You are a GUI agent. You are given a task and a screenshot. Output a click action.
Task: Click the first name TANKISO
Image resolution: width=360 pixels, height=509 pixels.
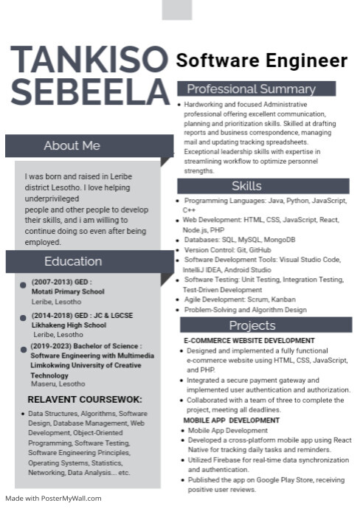point(89,59)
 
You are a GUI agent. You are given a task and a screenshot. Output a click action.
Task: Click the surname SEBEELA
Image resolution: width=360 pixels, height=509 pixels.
point(89,91)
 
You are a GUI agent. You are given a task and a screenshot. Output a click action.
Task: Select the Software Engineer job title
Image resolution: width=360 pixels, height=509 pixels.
point(261,60)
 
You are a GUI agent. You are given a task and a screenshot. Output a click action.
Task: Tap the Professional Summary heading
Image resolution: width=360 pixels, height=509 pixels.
point(256,89)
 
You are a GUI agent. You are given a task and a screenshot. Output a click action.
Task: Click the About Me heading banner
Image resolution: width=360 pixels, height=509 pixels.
point(72,145)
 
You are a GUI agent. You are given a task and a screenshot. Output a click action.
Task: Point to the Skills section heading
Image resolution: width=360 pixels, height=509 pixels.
point(246,186)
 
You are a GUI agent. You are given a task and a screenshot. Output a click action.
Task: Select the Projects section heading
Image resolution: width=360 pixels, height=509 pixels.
point(252,325)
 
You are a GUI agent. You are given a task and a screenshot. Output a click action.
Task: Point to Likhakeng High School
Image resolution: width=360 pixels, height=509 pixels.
point(69,325)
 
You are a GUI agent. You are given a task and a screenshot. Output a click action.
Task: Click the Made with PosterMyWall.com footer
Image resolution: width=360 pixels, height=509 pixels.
point(53,499)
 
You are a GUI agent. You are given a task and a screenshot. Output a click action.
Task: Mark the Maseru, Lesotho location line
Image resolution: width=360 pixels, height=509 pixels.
point(58,384)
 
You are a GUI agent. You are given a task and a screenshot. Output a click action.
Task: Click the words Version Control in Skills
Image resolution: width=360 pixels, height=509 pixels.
point(205,250)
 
